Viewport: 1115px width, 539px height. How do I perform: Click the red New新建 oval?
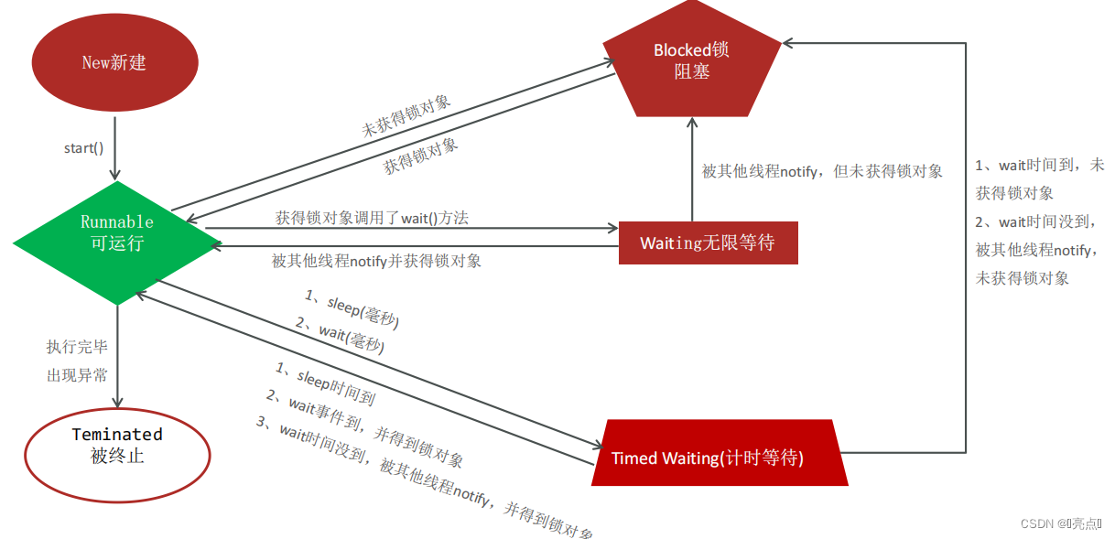click(x=114, y=62)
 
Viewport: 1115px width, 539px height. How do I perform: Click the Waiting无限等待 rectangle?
click(x=708, y=243)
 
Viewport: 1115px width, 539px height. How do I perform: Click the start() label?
click(x=84, y=148)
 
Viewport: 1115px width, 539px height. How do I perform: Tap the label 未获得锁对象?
click(x=406, y=116)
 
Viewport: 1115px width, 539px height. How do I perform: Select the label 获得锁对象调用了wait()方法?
click(x=373, y=218)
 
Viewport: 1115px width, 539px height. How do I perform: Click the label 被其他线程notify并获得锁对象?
click(x=376, y=261)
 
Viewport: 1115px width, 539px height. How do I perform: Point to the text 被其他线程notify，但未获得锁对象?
click(x=821, y=171)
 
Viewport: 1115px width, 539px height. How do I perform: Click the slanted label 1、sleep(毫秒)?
click(x=352, y=309)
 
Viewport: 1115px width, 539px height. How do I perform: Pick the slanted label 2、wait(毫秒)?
click(x=339, y=335)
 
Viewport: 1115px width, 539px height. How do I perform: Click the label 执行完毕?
click(x=77, y=347)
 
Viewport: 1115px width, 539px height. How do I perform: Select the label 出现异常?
click(x=77, y=375)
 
